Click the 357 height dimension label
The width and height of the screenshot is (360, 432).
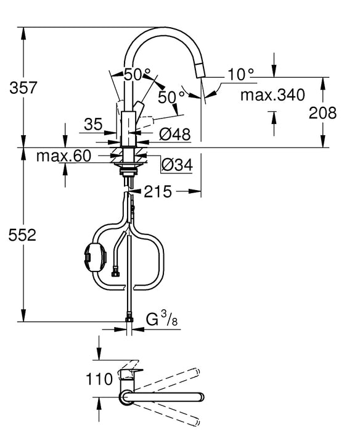23,88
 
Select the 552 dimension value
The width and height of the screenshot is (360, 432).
23,235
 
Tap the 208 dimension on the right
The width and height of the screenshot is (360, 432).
324,112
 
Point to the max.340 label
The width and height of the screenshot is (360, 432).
272,95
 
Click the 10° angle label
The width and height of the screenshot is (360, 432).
240,75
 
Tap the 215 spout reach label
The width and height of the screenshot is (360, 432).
158,192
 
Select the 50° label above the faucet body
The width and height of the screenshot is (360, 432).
137,73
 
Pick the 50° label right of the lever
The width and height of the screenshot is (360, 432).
171,97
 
